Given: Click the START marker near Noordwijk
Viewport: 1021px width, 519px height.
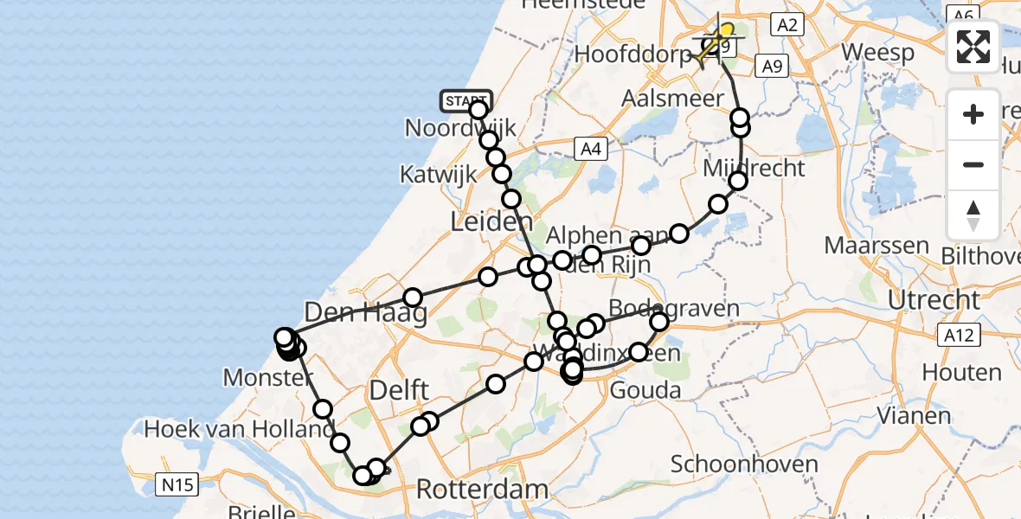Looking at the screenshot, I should point(466,101).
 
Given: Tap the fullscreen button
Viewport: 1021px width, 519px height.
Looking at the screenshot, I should point(973,47).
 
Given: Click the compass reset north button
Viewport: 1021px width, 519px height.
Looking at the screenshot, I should point(973,215).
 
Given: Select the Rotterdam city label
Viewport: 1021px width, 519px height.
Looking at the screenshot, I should point(482,489).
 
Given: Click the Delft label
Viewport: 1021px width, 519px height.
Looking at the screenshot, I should point(401,390).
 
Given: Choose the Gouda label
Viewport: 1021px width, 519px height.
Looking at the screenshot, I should point(645,390).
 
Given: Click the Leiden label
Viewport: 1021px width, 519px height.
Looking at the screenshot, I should point(491,222).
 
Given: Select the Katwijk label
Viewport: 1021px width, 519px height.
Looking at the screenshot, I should point(438,174).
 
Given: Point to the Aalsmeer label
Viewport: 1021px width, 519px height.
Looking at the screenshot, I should point(672,99).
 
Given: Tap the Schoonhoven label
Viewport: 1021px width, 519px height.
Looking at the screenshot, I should point(744,464).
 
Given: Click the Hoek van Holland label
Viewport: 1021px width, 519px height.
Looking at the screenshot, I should point(239,429).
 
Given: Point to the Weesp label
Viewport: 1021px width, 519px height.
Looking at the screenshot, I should point(877,53).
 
